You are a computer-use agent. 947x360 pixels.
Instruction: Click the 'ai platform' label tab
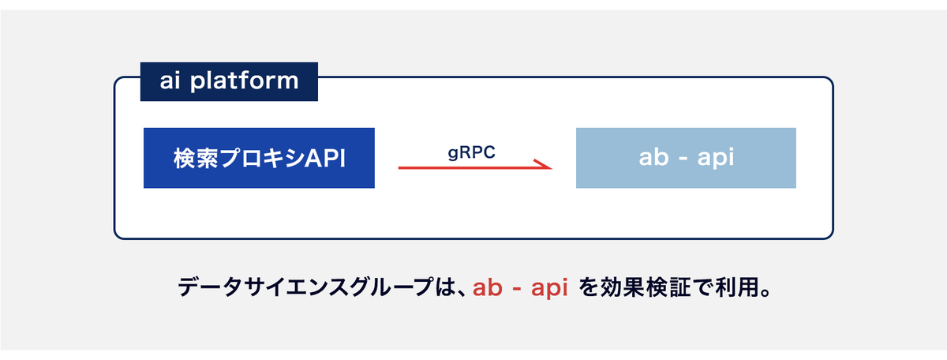click(x=229, y=81)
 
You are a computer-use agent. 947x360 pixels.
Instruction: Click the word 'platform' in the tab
click(x=245, y=81)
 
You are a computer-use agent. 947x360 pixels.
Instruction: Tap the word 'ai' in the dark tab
click(x=170, y=81)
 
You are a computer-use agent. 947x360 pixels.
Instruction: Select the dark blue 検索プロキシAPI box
click(x=259, y=158)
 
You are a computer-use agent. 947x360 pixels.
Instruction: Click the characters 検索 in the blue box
click(x=196, y=158)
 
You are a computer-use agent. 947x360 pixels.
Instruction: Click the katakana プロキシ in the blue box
click(x=262, y=158)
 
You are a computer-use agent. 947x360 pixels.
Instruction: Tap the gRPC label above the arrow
click(x=471, y=152)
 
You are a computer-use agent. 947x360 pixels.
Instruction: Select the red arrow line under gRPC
click(x=475, y=168)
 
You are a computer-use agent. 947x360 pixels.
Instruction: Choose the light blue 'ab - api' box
click(x=686, y=158)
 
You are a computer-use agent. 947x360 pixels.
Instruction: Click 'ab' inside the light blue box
click(x=653, y=157)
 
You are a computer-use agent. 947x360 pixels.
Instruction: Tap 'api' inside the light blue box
click(x=715, y=158)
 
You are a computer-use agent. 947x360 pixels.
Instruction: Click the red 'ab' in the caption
click(x=488, y=287)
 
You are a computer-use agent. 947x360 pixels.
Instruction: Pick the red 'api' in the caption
click(x=549, y=288)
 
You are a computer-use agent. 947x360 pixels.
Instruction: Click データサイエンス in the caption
click(x=262, y=287)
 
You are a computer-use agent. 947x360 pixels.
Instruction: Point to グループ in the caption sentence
click(x=390, y=287)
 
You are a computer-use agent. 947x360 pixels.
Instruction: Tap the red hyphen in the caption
click(x=517, y=291)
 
